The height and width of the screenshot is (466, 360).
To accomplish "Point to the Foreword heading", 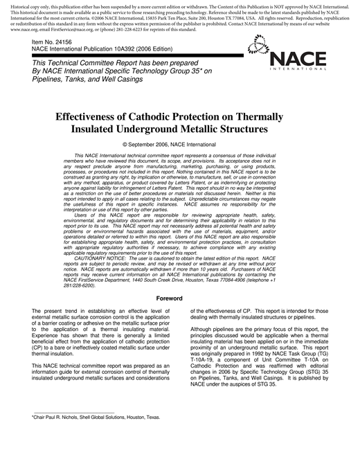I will [x=179, y=279].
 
